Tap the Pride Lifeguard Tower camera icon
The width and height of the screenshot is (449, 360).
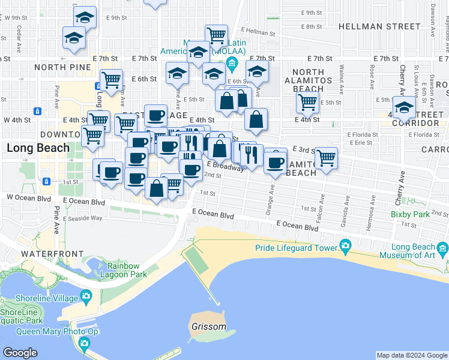coord(345,245)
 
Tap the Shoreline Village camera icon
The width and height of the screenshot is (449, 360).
coord(86,296)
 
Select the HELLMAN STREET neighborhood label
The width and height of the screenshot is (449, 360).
coord(379,26)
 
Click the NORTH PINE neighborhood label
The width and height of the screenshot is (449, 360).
coord(58,67)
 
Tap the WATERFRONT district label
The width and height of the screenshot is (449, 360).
coord(52,254)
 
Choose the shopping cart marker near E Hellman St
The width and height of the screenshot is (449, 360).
coord(215,35)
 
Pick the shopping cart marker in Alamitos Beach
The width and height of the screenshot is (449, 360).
coord(326,158)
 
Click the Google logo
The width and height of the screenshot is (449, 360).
coord(20,353)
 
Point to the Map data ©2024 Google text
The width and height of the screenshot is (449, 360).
coord(412,355)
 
